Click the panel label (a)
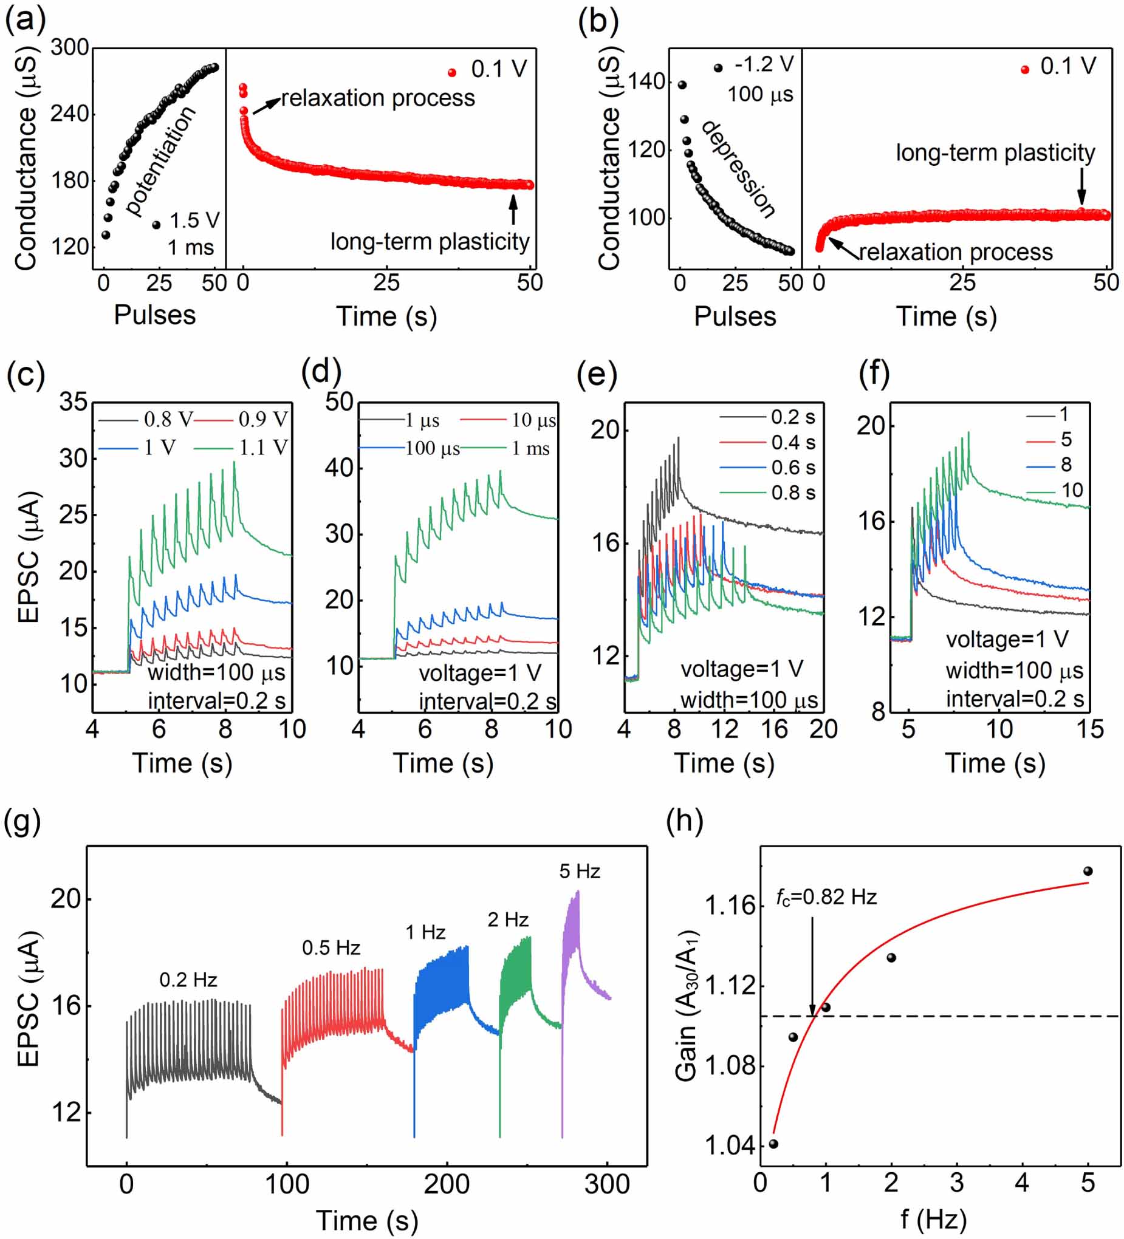point(24,20)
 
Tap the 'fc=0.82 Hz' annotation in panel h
point(826,898)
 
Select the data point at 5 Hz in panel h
point(1088,872)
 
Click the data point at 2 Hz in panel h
point(891,958)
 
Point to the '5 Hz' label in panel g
point(579,872)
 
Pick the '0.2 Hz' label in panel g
point(188,980)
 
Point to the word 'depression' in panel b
point(738,169)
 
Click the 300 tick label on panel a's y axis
point(69,47)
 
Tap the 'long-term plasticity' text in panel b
point(995,152)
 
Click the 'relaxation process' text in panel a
point(378,98)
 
